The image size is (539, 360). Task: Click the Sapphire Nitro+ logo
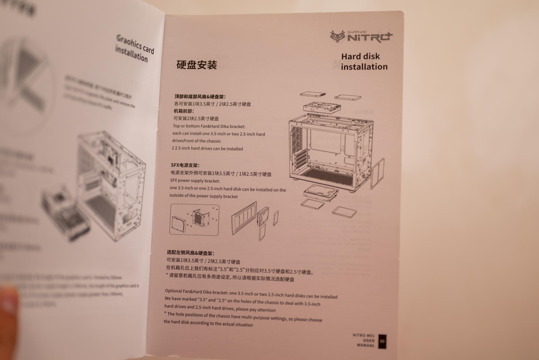pyautogui.click(x=361, y=37)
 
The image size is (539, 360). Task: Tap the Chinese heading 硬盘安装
pyautogui.click(x=197, y=65)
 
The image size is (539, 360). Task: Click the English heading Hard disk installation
pyautogui.click(x=364, y=61)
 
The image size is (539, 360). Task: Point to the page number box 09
pyautogui.click(x=382, y=341)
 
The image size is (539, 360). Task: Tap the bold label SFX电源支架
pyautogui.click(x=185, y=165)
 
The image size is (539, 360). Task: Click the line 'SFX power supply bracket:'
pyautogui.click(x=195, y=181)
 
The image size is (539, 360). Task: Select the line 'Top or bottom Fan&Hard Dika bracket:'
pyautogui.click(x=209, y=126)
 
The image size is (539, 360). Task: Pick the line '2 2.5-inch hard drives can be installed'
pyautogui.click(x=207, y=149)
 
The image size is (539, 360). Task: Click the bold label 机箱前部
pyautogui.click(x=184, y=111)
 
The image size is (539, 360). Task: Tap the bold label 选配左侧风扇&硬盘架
pyautogui.click(x=190, y=253)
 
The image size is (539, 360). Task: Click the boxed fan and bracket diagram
pyautogui.click(x=194, y=219)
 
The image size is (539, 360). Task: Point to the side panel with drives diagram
pyautogui.click(x=254, y=220)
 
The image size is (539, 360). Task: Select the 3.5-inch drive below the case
pyautogui.click(x=321, y=193)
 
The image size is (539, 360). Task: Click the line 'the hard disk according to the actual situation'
pyautogui.click(x=208, y=323)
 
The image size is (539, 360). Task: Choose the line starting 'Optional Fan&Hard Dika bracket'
pyautogui.click(x=251, y=294)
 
